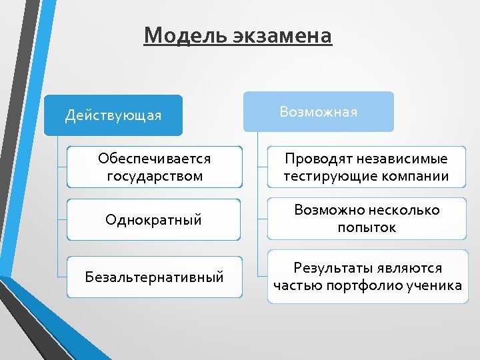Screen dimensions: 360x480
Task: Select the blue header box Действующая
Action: click(113, 115)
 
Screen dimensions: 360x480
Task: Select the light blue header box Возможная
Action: click(318, 111)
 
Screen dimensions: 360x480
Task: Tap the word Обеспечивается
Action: click(154, 159)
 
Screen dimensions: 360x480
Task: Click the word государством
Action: click(154, 177)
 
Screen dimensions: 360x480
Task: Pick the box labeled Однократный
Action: click(154, 219)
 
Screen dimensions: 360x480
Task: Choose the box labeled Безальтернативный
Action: click(154, 277)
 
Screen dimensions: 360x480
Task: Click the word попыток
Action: click(367, 228)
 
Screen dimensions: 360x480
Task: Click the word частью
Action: click(297, 286)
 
